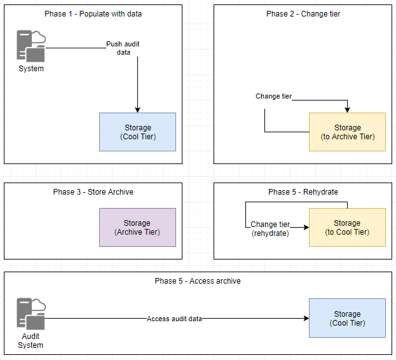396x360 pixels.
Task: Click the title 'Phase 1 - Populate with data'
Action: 93,14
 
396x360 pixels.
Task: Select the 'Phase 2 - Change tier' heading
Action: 303,14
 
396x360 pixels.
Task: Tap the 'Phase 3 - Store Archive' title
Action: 93,192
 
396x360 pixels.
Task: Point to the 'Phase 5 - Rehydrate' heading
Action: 303,192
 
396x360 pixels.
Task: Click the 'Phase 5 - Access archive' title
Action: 198,281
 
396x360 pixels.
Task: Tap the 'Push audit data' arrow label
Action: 123,48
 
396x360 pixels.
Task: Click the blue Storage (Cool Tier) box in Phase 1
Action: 137,132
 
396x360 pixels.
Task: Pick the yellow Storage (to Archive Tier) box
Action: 347,132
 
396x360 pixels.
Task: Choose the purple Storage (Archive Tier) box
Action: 137,228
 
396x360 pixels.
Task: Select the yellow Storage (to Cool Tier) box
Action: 347,228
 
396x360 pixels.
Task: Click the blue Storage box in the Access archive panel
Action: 347,318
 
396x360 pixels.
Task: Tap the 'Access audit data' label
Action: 174,319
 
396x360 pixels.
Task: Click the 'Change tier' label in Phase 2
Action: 273,97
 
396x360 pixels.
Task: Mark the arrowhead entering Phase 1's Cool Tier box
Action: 137,109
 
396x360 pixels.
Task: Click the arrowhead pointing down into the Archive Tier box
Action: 347,109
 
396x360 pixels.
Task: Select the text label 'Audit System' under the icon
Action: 31,341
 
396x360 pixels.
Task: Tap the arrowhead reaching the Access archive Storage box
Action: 305,318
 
